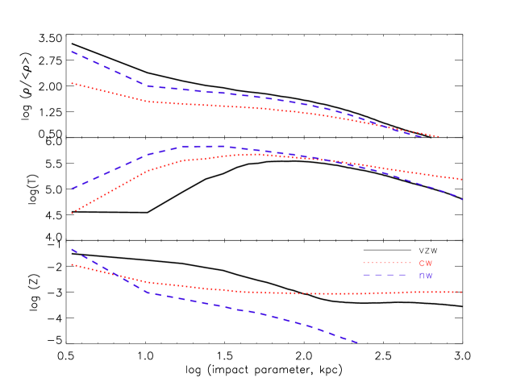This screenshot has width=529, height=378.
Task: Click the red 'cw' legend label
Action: (x=425, y=263)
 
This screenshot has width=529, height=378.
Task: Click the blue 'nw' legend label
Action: (x=425, y=276)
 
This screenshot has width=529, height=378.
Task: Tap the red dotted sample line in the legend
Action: (x=387, y=263)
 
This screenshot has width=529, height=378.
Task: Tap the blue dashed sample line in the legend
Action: (x=387, y=276)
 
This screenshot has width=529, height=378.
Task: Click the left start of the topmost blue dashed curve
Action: (x=72, y=52)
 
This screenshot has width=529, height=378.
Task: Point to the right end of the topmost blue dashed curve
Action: (x=422, y=136)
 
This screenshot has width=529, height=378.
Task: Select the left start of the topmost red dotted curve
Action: (x=72, y=83)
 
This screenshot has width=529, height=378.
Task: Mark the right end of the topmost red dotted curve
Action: (x=439, y=136)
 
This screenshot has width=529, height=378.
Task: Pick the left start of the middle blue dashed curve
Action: (x=72, y=189)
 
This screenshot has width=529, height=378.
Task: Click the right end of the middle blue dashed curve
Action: (x=462, y=198)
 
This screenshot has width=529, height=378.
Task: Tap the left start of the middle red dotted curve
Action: (x=72, y=214)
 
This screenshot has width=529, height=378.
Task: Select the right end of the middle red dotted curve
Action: (x=462, y=179)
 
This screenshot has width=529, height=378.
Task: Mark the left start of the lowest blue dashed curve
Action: (x=72, y=249)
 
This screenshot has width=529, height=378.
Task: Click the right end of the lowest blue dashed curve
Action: (x=358, y=343)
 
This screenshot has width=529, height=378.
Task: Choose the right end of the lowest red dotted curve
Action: (x=462, y=292)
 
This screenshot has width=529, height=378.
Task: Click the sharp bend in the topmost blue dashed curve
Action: (x=147, y=85)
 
